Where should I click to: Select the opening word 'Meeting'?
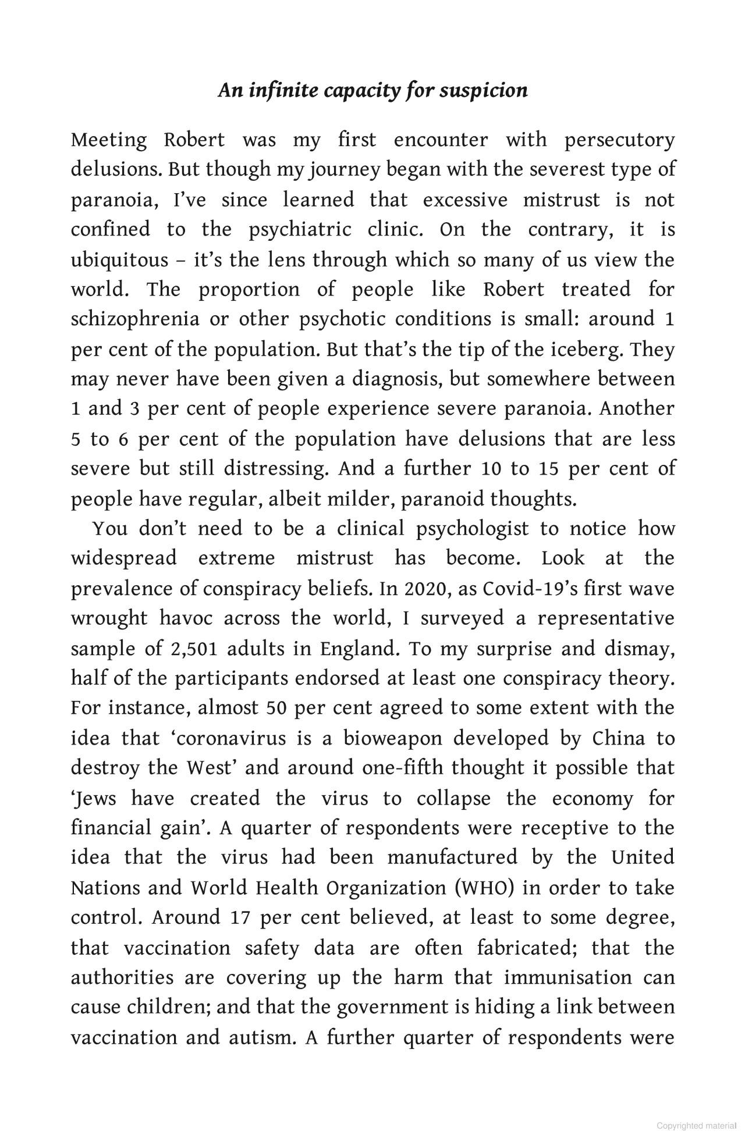[109, 140]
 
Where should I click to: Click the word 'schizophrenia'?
[134, 319]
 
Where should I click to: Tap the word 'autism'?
[260, 1037]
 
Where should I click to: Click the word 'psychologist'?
[473, 529]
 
